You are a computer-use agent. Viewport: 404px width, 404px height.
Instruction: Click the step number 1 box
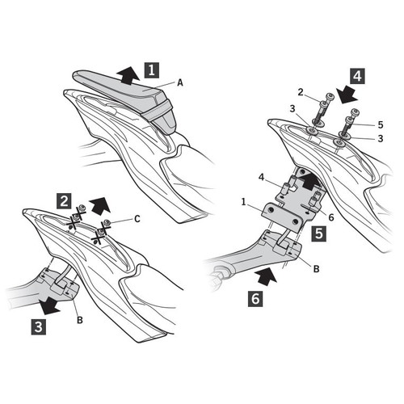pos(152,70)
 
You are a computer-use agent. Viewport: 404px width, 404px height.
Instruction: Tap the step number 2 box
pos(64,201)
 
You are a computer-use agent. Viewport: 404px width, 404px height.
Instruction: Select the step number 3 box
pos(39,327)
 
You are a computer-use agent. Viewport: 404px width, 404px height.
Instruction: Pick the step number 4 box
pos(357,76)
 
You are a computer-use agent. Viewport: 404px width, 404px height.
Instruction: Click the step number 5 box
pos(319,234)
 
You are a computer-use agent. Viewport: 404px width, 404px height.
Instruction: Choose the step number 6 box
pos(255,299)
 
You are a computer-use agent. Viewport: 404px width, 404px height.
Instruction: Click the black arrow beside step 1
pos(128,76)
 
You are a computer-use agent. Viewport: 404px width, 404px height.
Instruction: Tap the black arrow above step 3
pos(48,305)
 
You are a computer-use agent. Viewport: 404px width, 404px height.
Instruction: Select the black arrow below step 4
pos(347,95)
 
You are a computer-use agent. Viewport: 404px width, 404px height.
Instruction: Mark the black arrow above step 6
pos(267,276)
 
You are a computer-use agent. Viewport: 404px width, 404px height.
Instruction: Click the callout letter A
pos(180,82)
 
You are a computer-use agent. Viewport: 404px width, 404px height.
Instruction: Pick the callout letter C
pos(137,219)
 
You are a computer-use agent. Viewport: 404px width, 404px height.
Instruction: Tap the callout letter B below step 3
pos(80,320)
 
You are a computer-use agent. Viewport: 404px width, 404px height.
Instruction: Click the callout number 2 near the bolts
pos(301,92)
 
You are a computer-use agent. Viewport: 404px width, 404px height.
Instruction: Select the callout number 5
pos(381,124)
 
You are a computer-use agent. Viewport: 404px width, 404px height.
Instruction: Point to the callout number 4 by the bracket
pos(261,178)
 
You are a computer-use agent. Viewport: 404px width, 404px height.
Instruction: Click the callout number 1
pos(244,202)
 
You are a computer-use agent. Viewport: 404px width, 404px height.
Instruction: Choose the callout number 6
pos(331,217)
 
